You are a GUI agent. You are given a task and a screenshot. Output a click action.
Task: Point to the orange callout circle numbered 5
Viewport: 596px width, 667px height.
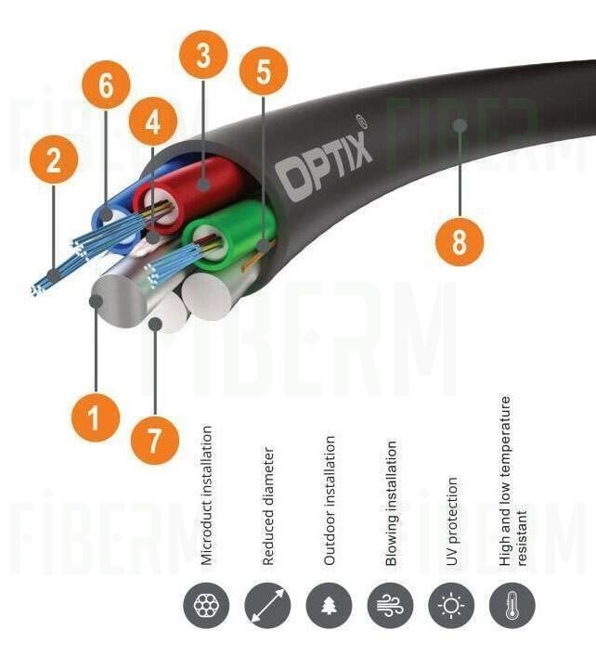click(265, 73)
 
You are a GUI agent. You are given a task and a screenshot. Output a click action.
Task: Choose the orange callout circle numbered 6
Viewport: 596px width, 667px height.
click(105, 89)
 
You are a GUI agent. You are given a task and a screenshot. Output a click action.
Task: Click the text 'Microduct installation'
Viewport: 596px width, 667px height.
click(207, 495)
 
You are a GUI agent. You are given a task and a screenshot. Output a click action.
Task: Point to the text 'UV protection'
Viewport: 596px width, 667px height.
click(452, 521)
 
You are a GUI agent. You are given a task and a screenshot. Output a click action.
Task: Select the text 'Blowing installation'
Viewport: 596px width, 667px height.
click(391, 504)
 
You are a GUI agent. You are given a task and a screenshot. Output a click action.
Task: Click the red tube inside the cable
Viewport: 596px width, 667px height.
click(201, 185)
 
